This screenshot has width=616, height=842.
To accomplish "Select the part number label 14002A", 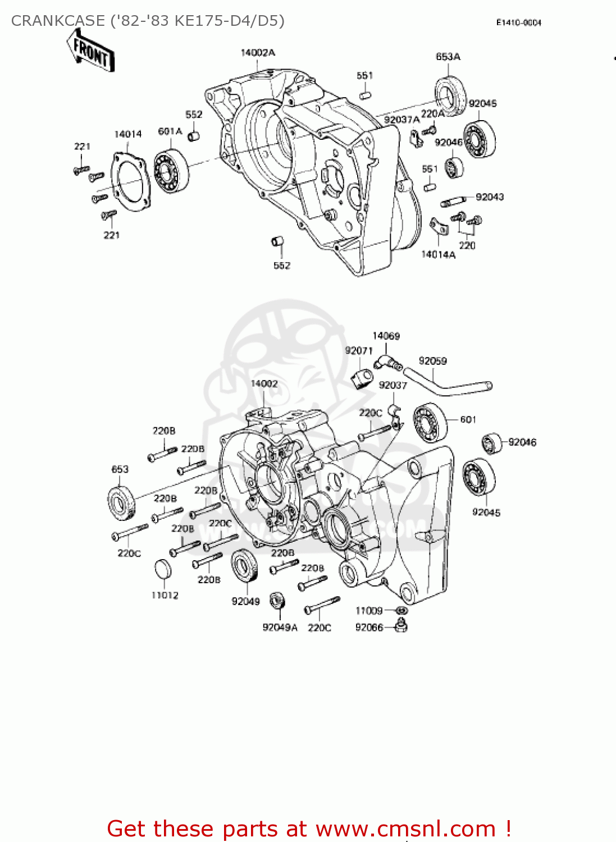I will [x=258, y=53].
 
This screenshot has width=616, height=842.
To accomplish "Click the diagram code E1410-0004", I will [x=518, y=22].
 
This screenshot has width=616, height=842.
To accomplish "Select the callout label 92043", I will [x=490, y=197].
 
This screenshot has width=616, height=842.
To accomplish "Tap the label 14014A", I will [x=438, y=255].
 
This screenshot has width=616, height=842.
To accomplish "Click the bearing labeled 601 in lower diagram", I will [x=430, y=423].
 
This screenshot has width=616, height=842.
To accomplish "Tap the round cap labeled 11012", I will [x=163, y=569].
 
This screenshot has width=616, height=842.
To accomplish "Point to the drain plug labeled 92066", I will [x=401, y=625].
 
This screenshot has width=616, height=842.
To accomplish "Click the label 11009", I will [x=369, y=611].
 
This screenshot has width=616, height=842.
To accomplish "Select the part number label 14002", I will [x=264, y=384].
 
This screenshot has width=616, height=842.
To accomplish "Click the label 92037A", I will [x=401, y=120].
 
